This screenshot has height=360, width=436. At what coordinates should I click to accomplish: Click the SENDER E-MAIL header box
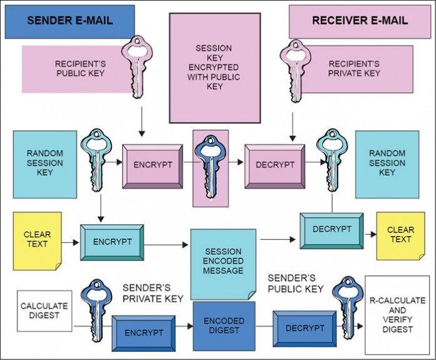[x=70, y=21]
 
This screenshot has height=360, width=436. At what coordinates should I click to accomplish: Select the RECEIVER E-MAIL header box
[x=360, y=21]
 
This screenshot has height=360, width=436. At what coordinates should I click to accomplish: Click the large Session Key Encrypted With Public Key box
[x=214, y=68]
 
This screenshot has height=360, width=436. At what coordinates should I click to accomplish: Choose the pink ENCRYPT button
[x=152, y=165]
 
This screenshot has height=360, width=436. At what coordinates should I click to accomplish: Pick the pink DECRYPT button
[x=274, y=165]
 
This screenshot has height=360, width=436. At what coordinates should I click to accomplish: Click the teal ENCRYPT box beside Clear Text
[x=112, y=242]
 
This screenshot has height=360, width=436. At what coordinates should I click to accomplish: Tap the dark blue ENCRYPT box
[x=143, y=332]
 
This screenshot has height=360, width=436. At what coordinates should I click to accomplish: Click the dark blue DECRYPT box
[x=304, y=328]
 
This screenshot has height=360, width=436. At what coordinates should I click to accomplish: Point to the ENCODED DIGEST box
[x=224, y=325]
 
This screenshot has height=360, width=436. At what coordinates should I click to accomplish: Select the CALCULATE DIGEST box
[x=44, y=311]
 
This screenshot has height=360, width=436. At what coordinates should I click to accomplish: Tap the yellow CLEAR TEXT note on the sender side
[x=37, y=240]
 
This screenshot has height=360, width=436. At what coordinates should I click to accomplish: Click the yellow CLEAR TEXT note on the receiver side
[x=400, y=235]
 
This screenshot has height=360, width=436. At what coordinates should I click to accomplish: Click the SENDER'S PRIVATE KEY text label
[x=152, y=293]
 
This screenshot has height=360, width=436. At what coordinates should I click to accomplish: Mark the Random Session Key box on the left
[x=44, y=163]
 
